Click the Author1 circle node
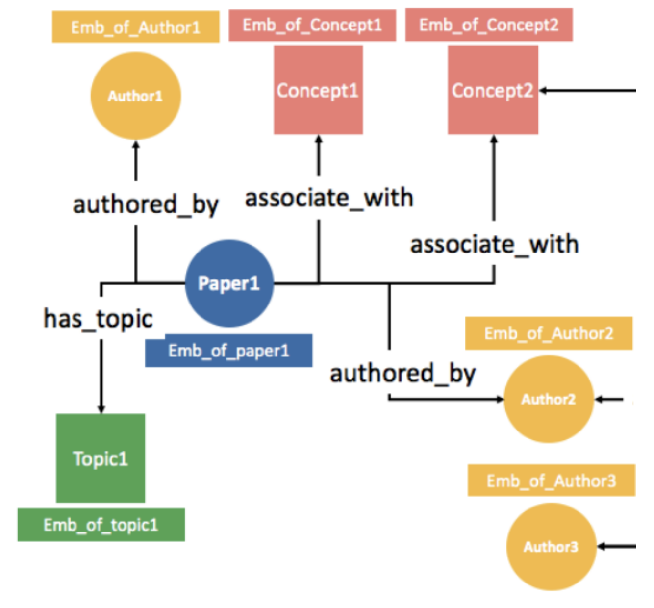pos(136,96)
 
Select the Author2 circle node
pos(549,399)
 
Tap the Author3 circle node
pos(551,546)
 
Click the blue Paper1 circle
pos(229,283)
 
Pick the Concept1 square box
pos(318,90)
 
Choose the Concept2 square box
pos(493,90)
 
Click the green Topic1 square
pos(101,458)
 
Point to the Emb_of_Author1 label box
pos(136,27)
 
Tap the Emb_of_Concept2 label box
pos(489,25)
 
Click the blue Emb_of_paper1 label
pos(229,351)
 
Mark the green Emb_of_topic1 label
pos(101,525)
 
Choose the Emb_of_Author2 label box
pos(549,333)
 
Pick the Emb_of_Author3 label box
pos(551,481)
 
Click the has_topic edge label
pos(98,319)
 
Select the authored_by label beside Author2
pos(402,374)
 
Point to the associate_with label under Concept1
pos(329,198)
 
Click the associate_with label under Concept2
pos(494,244)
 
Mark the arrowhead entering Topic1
pos(101,409)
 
